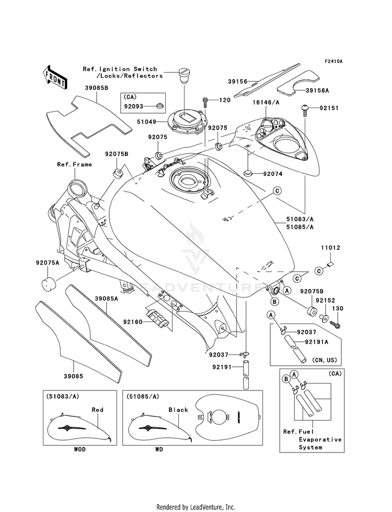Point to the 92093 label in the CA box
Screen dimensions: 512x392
click(133, 106)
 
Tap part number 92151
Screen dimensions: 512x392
click(329, 109)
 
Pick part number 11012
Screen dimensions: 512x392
click(331, 249)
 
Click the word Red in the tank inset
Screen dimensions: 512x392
click(97, 410)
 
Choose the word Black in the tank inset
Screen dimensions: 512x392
click(178, 410)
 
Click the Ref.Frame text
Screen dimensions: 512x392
click(74, 164)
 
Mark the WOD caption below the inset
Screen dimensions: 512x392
click(79, 449)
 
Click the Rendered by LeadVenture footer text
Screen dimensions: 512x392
click(195, 507)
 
